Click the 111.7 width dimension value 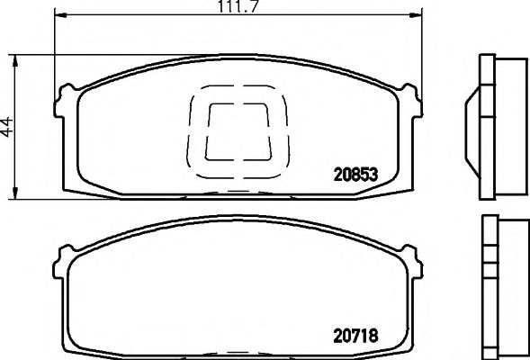click(x=238, y=9)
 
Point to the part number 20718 click(x=352, y=339)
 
